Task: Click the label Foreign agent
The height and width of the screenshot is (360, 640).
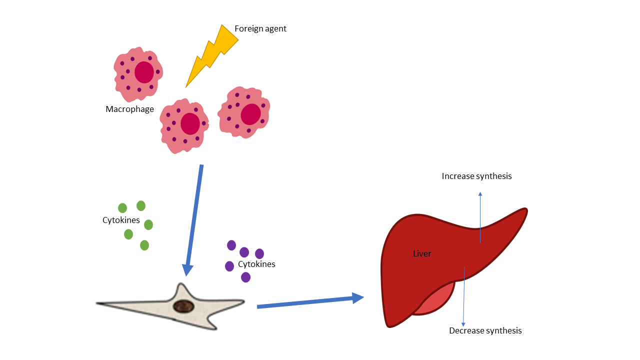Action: click(x=260, y=28)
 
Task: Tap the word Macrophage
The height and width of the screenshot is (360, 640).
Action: click(x=129, y=109)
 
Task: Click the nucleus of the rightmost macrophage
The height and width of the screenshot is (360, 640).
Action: click(x=250, y=114)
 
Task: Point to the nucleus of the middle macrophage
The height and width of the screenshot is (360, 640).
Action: click(x=190, y=123)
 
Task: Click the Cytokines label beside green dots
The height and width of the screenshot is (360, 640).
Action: click(x=121, y=220)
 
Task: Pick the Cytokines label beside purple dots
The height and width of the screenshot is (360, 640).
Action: click(x=256, y=264)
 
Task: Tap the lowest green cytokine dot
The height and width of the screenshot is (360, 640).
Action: click(x=144, y=245)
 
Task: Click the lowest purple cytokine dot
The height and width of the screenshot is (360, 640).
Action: click(x=245, y=277)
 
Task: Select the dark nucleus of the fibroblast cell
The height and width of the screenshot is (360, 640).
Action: click(x=183, y=306)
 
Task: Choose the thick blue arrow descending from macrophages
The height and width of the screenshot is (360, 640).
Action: click(x=194, y=220)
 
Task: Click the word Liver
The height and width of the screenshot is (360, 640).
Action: click(x=422, y=254)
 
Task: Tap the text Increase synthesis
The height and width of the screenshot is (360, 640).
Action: click(x=476, y=176)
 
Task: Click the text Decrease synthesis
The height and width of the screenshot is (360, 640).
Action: click(x=485, y=331)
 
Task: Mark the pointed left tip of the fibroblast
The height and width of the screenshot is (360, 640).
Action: click(x=99, y=303)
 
